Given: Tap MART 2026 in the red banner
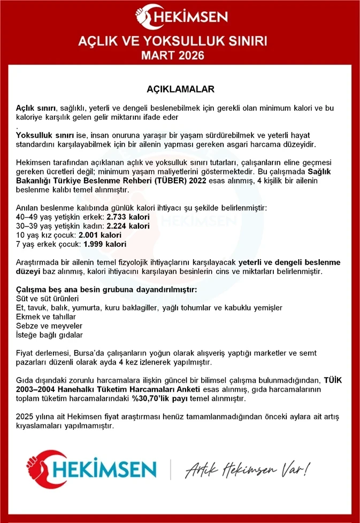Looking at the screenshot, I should pos(180,55).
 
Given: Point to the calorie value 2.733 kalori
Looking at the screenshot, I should pos(128,217).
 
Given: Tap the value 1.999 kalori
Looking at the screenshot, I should pos(105,244).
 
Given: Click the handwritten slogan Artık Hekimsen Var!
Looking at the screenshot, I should pos(247,469).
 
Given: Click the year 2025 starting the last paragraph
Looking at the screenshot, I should pos(25,417).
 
